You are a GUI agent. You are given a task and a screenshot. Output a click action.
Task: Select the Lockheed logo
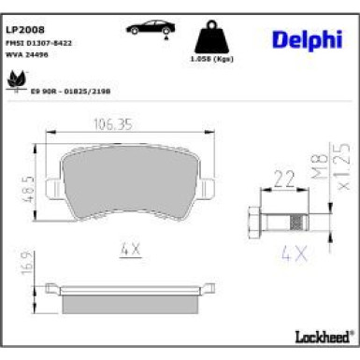[323, 333]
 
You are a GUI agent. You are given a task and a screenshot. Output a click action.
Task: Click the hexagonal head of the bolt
[255, 223]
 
